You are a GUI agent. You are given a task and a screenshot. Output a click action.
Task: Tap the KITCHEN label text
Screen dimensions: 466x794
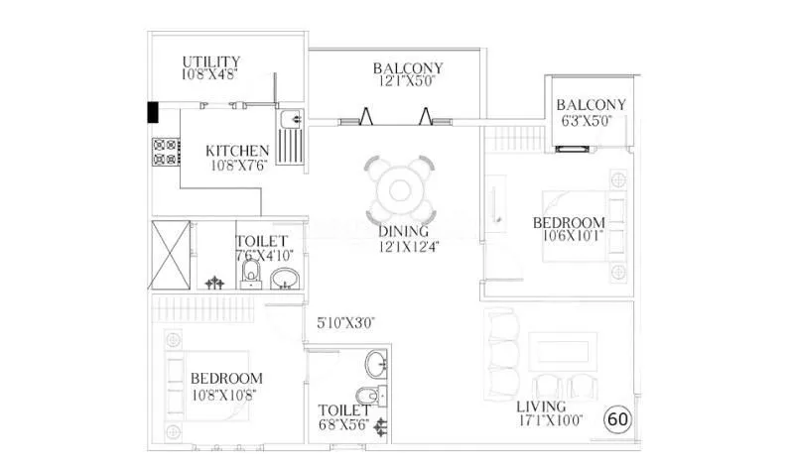(x=237, y=151)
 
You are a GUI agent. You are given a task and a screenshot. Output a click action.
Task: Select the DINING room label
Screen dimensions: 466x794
(x=402, y=232)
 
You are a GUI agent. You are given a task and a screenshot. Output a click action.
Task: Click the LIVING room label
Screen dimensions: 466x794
(x=541, y=407)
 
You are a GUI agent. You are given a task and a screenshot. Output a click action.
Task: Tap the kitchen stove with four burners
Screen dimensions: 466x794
(x=165, y=152)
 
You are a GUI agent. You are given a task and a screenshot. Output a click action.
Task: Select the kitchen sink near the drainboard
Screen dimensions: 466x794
(x=291, y=121)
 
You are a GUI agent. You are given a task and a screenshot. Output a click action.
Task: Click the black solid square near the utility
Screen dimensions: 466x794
(x=154, y=112)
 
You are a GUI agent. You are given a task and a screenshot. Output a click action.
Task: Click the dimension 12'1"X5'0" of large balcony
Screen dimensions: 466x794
(x=408, y=82)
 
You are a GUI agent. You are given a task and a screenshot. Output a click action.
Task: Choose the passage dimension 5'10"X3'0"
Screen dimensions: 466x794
(x=345, y=322)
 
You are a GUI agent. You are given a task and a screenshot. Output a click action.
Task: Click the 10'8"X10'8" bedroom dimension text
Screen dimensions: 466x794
(x=226, y=394)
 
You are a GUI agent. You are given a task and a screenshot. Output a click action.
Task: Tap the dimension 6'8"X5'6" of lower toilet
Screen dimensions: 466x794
(x=344, y=425)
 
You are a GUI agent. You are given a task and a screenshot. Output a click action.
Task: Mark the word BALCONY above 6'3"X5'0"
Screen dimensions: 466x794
(x=592, y=105)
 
